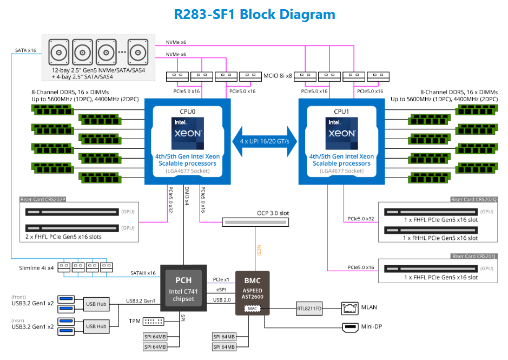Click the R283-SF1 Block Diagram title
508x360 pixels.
click(x=254, y=14)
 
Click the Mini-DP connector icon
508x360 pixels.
click(x=349, y=327)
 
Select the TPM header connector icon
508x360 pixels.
click(x=154, y=321)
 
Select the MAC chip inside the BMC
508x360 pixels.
click(x=252, y=309)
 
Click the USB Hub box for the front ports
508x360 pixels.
click(x=96, y=304)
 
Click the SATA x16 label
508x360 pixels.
click(x=25, y=50)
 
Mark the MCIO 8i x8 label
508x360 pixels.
click(x=278, y=76)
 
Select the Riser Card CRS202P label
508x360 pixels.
click(x=42, y=200)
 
